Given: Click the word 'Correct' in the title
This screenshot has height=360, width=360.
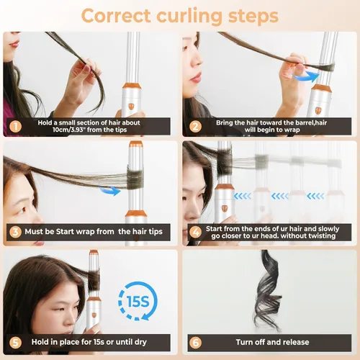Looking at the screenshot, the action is point(116,16).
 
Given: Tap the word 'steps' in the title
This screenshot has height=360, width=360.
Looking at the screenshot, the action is point(253,17).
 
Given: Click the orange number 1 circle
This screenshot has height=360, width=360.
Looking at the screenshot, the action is point(16,127).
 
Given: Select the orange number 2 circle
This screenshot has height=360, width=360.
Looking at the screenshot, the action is point(195,127).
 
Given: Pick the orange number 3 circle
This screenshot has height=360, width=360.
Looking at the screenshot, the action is point(16,232).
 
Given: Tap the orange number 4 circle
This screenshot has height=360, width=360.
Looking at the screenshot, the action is point(195,232).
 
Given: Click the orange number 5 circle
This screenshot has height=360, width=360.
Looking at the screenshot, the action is point(16,343).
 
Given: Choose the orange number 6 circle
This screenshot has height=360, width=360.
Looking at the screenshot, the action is point(195,343).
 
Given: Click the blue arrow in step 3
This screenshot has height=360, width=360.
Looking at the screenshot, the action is point(110,191).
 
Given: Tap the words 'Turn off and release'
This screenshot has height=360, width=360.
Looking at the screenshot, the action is point(272,342).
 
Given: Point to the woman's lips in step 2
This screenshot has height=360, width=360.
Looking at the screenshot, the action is point(196,78).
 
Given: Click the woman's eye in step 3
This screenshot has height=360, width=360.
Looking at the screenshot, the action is point(22,210).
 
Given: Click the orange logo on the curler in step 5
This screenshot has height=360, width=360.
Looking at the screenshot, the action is point(94,315).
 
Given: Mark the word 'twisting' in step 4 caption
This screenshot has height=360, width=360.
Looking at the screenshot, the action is point(320,236).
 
